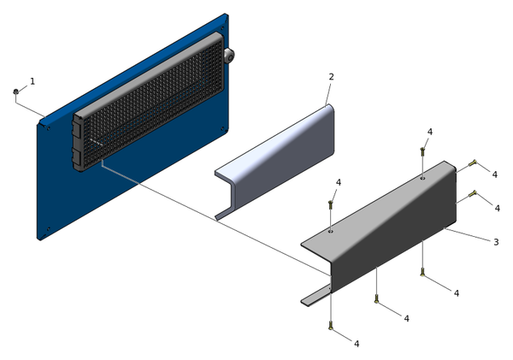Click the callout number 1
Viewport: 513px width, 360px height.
32,81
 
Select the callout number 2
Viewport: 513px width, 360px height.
331,77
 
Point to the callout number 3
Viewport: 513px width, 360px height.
495,242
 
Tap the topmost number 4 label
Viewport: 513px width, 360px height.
429,132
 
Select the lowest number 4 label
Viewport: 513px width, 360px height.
357,344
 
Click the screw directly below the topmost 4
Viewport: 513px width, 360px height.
422,151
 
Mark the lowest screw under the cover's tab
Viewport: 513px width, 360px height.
330,324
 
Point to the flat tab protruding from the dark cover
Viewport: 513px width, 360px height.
315,296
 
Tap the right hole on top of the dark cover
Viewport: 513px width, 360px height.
422,180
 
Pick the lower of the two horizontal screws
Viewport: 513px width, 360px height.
473,195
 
